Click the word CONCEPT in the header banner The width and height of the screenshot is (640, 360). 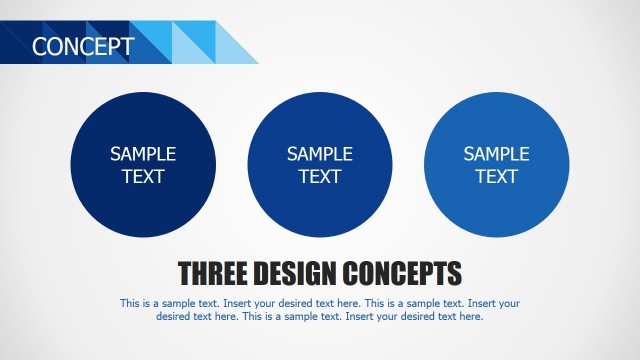83,46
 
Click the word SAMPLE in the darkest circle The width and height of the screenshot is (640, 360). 143,154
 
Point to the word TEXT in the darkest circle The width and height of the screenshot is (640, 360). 143,177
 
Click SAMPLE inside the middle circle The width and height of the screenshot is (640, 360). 320,154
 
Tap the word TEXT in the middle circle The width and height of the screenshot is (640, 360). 320,177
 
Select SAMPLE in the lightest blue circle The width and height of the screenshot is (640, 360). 497,154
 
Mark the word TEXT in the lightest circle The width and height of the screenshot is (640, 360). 497,177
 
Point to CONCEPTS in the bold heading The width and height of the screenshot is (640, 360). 403,273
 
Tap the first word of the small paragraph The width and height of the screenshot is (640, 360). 130,302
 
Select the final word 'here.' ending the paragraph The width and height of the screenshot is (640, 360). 470,316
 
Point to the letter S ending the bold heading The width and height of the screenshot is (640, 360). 455,273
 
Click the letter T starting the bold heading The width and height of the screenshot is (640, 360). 185,273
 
